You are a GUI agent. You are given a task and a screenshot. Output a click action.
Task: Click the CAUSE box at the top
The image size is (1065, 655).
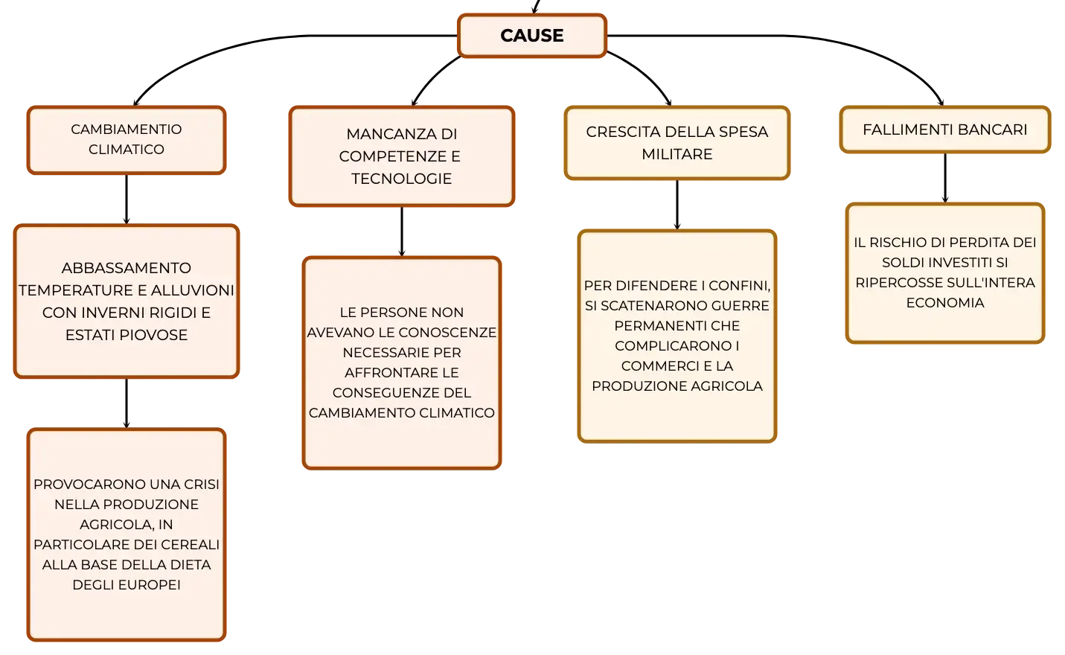click(532, 36)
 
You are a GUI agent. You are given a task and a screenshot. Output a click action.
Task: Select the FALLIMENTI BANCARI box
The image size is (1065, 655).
click(944, 130)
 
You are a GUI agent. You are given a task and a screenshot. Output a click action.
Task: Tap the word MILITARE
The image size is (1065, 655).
click(677, 154)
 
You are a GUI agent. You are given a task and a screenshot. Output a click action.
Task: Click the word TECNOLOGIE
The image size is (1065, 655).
click(401, 179)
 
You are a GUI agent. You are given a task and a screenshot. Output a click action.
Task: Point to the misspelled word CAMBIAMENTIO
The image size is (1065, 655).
click(127, 129)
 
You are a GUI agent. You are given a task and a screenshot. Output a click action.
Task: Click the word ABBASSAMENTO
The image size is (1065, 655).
click(127, 268)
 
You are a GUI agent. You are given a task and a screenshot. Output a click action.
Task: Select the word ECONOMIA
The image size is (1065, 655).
click(944, 302)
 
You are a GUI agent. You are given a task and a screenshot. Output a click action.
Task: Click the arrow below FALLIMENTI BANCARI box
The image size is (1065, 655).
click(944, 178)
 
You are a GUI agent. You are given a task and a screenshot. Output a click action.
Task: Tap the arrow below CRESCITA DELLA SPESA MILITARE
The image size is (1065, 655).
click(677, 205)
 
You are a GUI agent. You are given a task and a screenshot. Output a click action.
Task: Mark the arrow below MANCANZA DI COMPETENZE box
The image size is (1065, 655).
click(402, 231)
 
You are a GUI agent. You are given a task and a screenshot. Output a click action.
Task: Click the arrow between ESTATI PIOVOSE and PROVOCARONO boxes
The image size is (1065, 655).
click(127, 403)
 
